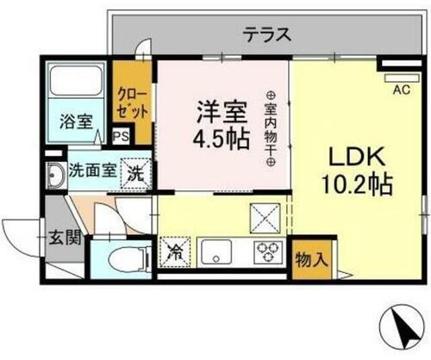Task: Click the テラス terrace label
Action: tap(265, 35)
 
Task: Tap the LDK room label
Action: tap(358, 159)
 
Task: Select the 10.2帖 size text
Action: tap(358, 185)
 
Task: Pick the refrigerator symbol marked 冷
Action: tap(173, 254)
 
